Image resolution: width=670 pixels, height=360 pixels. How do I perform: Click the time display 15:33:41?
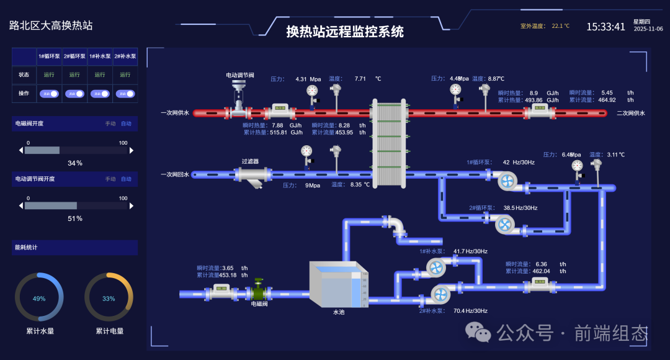coord(605,27)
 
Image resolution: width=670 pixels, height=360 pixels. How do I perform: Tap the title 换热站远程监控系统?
coord(345,32)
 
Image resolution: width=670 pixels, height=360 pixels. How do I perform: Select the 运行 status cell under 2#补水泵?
coord(125,74)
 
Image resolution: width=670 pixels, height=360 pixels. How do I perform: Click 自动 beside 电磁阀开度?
coord(126,124)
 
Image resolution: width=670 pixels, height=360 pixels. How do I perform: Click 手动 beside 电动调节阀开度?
coord(110,179)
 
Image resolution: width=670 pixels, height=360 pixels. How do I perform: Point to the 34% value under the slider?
coord(74,163)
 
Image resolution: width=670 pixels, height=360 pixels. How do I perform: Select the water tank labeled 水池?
coord(338,284)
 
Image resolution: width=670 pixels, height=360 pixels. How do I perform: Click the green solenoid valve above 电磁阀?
coord(259,292)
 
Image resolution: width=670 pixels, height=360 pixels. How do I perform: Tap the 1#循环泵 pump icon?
coord(507,181)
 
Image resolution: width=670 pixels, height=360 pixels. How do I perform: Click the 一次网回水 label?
coord(175,175)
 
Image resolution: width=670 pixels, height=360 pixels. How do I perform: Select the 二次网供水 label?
coord(631,113)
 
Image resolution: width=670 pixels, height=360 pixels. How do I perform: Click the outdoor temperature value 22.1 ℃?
coord(560,27)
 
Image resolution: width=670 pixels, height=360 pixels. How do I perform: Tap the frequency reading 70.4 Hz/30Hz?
coord(470,311)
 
